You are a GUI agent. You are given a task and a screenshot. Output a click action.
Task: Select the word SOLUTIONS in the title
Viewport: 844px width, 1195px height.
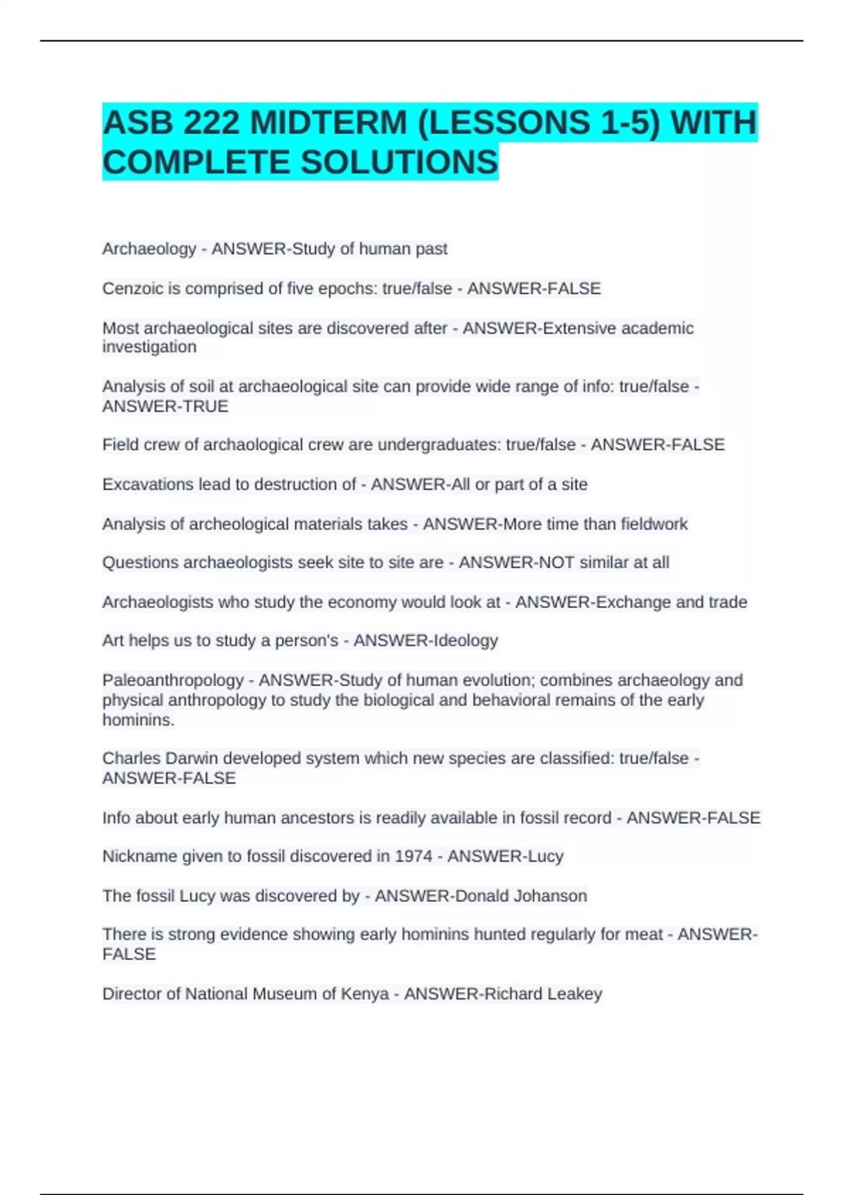point(399,162)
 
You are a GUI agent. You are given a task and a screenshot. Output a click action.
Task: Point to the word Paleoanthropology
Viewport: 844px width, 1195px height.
point(172,680)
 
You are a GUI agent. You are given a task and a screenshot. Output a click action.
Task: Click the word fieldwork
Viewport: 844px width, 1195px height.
point(653,524)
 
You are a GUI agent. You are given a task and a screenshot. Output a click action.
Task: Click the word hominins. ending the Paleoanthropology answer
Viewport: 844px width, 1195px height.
point(138,720)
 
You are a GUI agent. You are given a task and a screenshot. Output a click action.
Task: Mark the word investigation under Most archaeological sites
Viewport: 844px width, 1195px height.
point(149,347)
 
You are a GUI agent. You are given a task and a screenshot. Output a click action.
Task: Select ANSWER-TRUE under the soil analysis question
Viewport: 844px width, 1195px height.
point(165,406)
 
